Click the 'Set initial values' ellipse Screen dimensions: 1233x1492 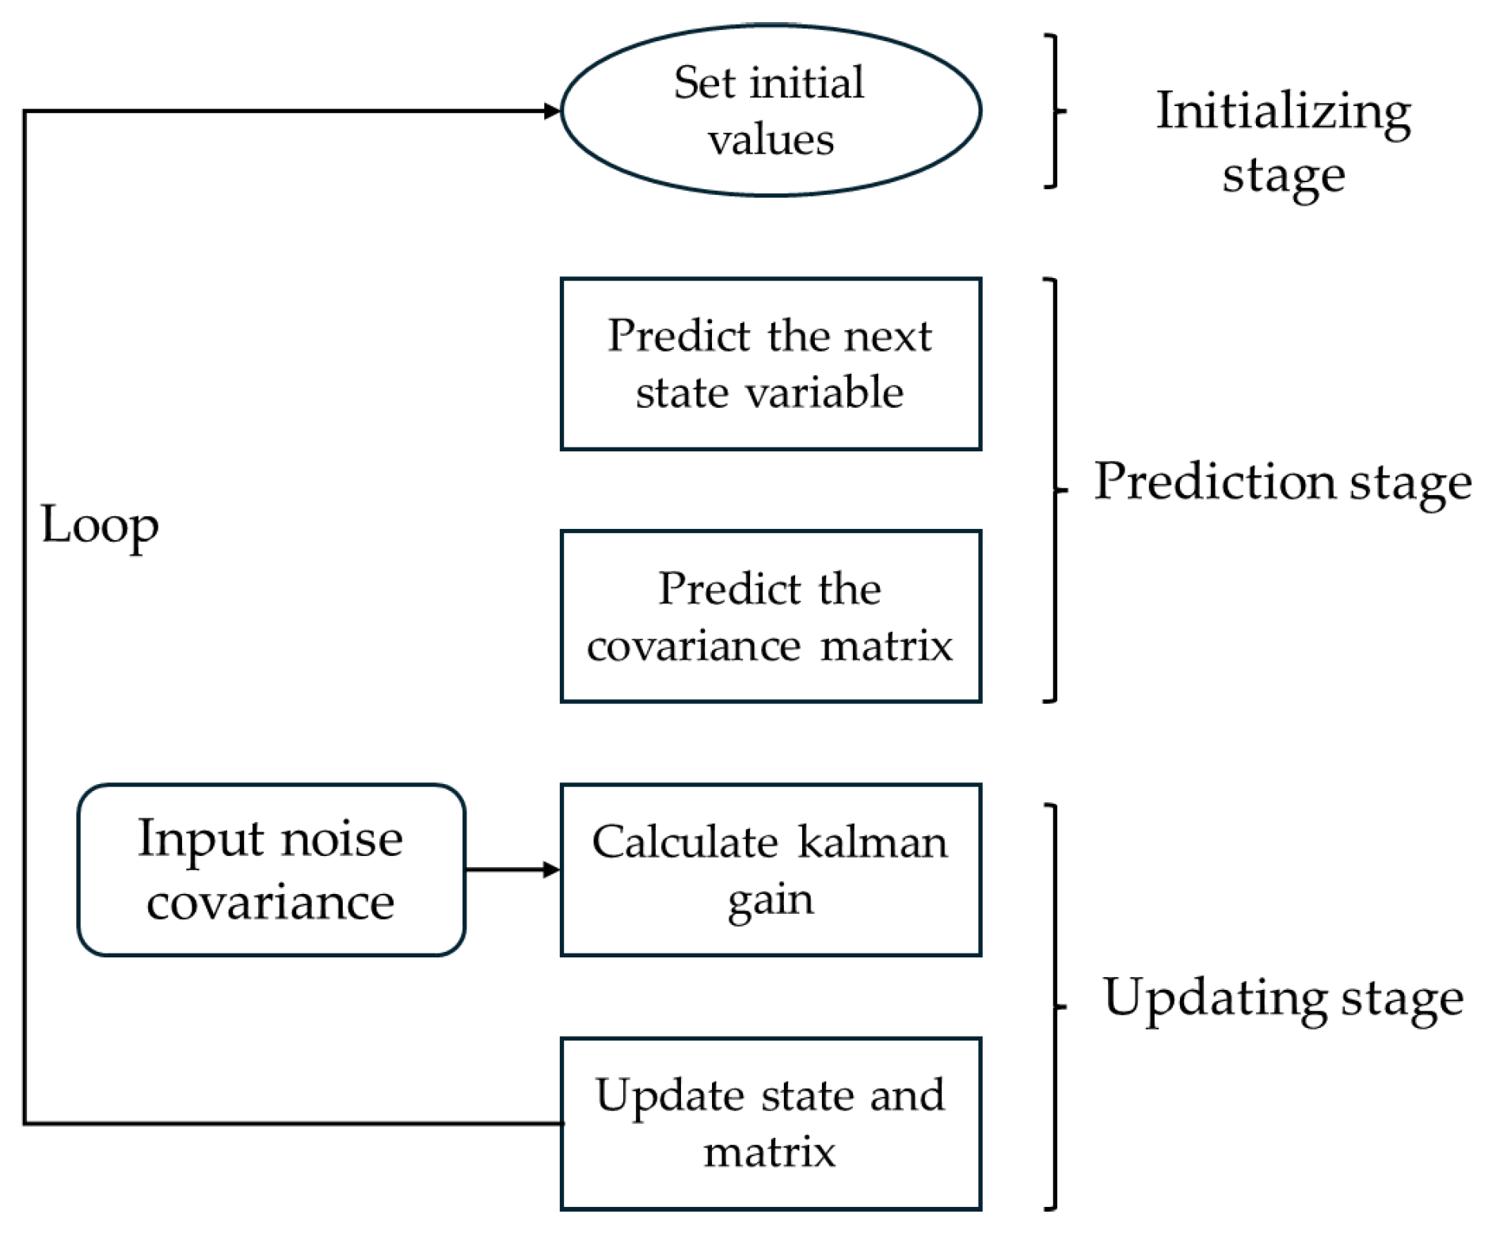pos(770,110)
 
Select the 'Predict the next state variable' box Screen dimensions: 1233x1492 pos(770,363)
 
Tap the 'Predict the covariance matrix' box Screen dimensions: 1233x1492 pos(770,616)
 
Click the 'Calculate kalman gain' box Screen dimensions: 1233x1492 pos(770,870)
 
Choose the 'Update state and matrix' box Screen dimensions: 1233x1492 pos(770,1123)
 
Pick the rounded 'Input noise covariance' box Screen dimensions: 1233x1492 pos(271,870)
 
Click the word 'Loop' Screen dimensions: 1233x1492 pos(100,525)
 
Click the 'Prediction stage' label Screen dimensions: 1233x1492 pos(1282,481)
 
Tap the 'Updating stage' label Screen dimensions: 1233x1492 pos(1282,998)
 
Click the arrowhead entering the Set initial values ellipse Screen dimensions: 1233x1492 pos(552,111)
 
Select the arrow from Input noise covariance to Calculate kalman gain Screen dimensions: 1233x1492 pos(512,870)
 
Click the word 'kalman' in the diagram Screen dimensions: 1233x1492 pos(872,842)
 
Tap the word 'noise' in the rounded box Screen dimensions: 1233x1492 pos(342,839)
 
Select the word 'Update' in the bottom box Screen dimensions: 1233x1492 pos(670,1095)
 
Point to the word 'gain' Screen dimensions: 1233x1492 pos(770,900)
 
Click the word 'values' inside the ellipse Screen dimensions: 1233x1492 pos(770,140)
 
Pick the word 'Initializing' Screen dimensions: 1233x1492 pos(1283,111)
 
